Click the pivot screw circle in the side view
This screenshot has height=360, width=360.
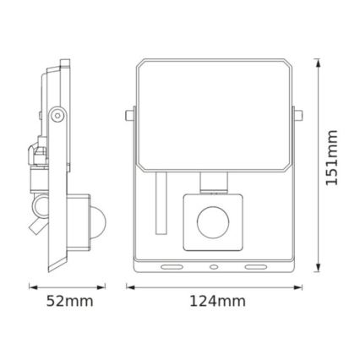[57, 112]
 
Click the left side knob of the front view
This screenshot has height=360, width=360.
[127, 113]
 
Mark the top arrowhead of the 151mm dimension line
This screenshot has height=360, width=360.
[317, 62]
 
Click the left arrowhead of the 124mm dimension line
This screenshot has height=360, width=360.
[130, 286]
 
